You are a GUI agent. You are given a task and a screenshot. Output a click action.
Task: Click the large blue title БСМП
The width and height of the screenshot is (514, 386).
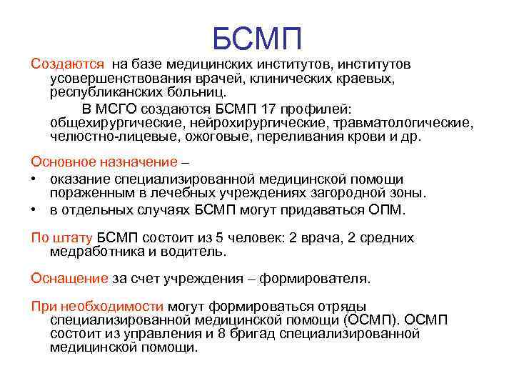[x=258, y=36]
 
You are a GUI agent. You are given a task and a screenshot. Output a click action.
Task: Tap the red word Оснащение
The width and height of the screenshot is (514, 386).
[x=69, y=277]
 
